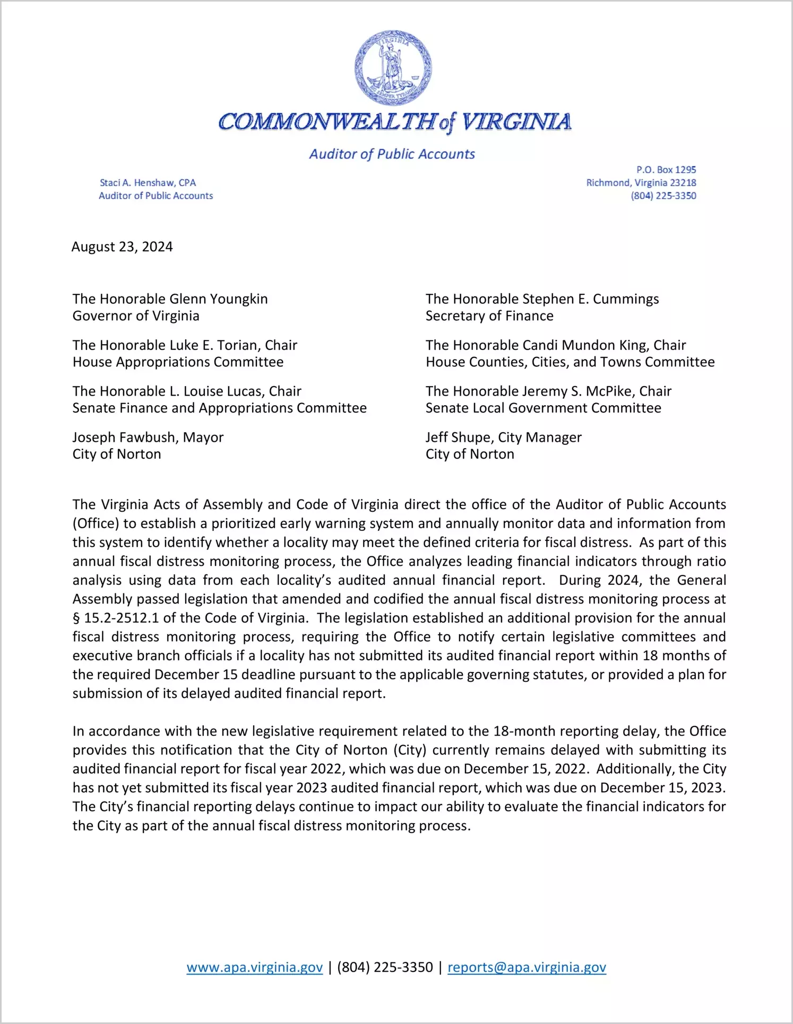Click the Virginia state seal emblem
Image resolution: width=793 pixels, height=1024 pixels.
tap(393, 68)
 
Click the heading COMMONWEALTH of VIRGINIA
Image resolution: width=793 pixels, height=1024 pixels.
tap(395, 122)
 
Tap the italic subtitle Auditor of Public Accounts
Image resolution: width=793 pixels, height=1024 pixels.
tap(392, 154)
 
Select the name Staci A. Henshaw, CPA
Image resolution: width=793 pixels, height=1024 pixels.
tap(148, 183)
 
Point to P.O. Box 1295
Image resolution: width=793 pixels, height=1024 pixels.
tap(666, 170)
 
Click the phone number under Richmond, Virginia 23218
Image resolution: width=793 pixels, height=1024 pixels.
tap(663, 196)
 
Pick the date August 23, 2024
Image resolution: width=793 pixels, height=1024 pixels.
tap(122, 247)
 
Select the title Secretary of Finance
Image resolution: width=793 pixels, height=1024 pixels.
tap(489, 316)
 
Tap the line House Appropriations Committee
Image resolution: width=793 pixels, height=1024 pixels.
tap(178, 362)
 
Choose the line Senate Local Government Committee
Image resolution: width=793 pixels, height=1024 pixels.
tap(543, 408)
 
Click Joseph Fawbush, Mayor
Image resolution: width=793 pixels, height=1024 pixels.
tap(148, 437)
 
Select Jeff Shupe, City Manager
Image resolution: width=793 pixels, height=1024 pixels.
tap(503, 437)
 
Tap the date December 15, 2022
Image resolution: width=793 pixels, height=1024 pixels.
tap(525, 769)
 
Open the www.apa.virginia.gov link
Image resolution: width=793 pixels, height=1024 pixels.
tap(254, 967)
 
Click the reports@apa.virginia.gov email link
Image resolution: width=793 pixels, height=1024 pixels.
tap(527, 967)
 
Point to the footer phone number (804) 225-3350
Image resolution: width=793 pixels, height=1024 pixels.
tap(385, 967)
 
